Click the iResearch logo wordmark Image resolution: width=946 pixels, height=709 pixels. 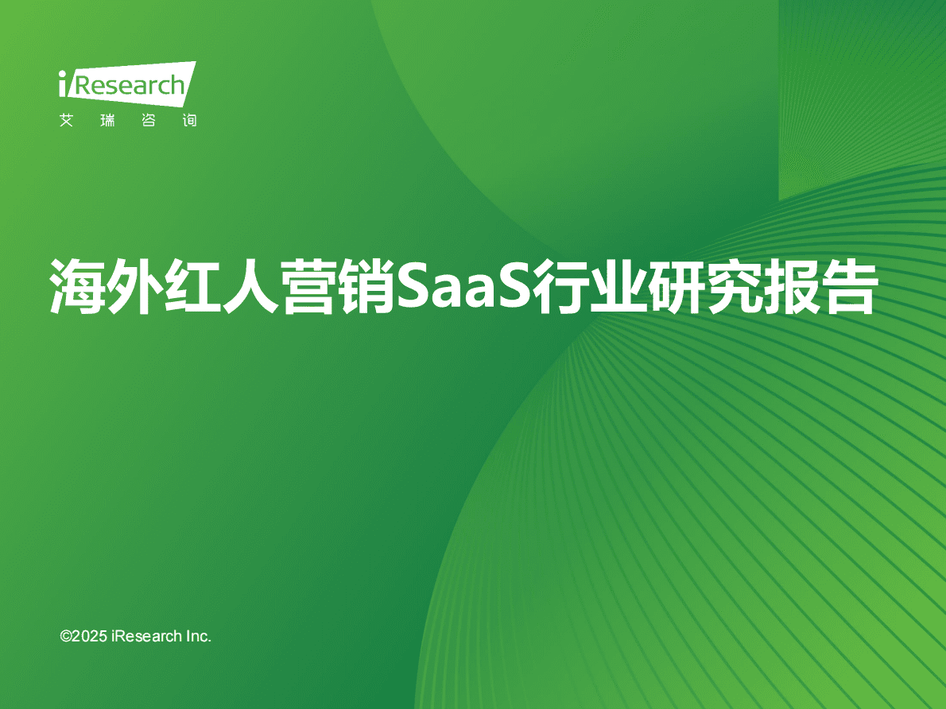click(127, 84)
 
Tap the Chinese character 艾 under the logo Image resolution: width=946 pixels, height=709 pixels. click(66, 121)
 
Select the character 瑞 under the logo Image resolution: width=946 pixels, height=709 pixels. click(107, 121)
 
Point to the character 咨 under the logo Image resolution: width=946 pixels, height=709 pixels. click(149, 121)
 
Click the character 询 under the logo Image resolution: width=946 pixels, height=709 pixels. click(189, 121)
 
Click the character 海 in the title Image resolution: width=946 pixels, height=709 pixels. click(77, 286)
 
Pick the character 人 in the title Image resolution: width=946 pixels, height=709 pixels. click(250, 286)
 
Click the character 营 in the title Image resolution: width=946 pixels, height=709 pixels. click(308, 286)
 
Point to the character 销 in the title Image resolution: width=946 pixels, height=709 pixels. click(366, 286)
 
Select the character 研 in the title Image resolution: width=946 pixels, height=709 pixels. click(676, 286)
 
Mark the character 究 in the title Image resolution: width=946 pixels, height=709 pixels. click(734, 286)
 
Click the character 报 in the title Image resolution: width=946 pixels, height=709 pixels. click(791, 286)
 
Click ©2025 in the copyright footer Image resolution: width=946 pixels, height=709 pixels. click(83, 636)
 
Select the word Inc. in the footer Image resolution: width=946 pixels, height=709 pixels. click(199, 636)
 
